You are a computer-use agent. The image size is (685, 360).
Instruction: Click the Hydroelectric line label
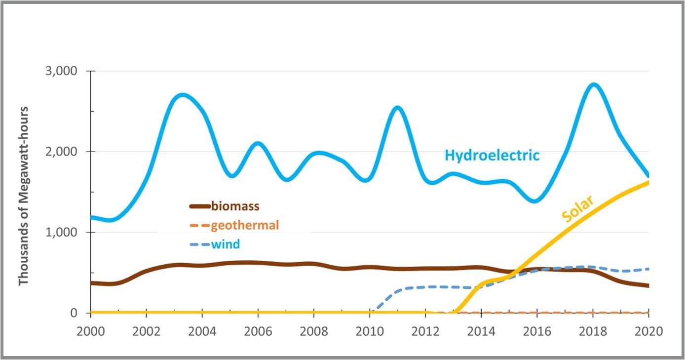point(492,155)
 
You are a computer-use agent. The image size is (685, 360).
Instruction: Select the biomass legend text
point(235,206)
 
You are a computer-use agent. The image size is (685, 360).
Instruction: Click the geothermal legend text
point(245,225)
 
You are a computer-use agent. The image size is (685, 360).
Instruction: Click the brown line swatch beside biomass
point(199,206)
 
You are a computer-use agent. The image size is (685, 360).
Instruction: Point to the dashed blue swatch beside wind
point(199,244)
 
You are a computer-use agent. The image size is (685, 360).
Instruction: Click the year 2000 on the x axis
point(90,330)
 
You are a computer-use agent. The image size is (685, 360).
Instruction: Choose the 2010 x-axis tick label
point(370,330)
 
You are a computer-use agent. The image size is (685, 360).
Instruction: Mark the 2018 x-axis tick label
point(593,330)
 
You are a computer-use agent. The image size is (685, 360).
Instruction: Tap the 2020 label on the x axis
point(648,330)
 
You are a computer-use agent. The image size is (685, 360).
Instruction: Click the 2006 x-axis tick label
point(258,330)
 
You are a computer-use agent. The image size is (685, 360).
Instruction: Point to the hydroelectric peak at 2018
point(594,85)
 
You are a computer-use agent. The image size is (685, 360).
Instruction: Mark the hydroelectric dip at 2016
point(536,200)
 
